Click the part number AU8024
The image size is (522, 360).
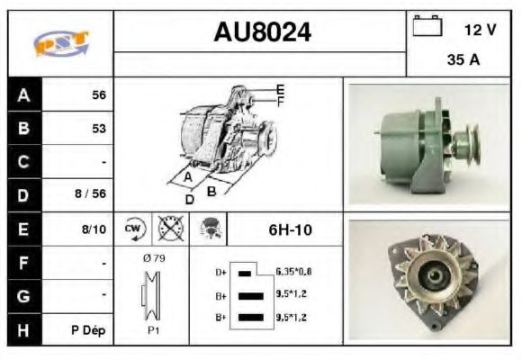point(262,32)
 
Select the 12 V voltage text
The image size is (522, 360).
point(480,30)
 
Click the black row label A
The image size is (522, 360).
point(23,94)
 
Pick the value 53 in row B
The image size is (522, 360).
point(98,128)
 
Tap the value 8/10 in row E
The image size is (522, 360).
point(94,229)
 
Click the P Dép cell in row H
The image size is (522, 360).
point(90,330)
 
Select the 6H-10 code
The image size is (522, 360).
point(290,229)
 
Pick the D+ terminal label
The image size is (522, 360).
point(221,271)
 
